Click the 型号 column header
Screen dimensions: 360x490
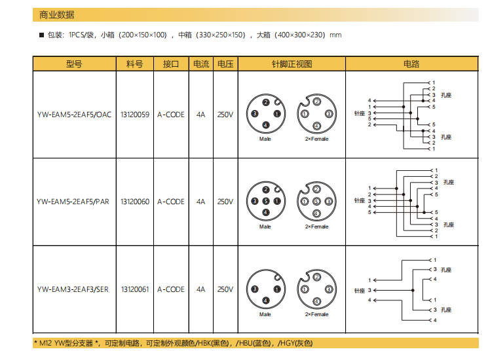pos(74,63)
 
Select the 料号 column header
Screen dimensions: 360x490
pos(134,63)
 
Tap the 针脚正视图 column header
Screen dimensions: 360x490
pos(292,63)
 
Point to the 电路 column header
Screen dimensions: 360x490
pos(411,63)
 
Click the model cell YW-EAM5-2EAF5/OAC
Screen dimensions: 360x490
pos(74,115)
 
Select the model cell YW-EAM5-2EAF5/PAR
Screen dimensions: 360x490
pos(73,202)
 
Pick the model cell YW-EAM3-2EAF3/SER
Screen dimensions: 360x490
pos(73,289)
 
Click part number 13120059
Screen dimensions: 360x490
pos(134,115)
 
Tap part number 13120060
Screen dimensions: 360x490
pos(134,202)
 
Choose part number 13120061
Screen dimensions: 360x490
pos(134,289)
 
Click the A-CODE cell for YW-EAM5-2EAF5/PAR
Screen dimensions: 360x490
pos(170,202)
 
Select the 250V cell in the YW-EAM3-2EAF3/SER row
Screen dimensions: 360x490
pos(225,289)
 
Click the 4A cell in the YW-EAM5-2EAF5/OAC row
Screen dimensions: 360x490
pos(200,115)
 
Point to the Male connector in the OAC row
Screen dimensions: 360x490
pos(265,113)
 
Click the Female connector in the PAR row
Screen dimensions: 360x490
pos(316,202)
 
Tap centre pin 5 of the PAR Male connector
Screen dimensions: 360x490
pos(265,202)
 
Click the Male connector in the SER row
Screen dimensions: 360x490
pos(265,289)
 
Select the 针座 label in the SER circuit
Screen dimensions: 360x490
pos(359,290)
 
